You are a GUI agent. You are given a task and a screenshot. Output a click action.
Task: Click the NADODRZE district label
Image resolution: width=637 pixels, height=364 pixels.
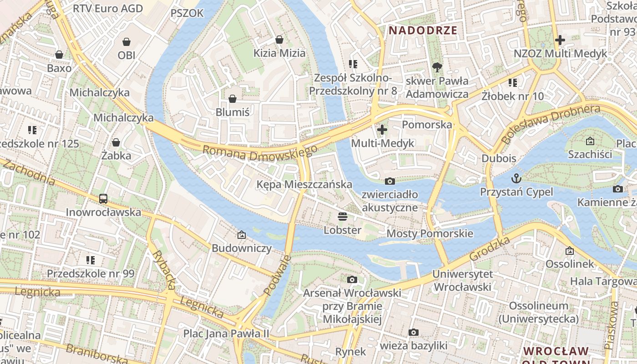point(423,30)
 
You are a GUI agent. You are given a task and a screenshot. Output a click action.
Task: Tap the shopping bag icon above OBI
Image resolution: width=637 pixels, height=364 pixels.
point(126,42)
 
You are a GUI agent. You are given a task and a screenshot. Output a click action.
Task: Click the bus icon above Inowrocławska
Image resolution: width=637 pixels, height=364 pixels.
point(103,199)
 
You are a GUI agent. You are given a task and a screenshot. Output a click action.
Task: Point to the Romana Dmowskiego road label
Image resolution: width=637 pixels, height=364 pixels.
point(260,153)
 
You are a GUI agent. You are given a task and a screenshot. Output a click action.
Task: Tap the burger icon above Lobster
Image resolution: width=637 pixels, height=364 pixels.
point(343,216)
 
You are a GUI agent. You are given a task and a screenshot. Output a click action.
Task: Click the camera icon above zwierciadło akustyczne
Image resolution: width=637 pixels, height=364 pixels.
point(389,181)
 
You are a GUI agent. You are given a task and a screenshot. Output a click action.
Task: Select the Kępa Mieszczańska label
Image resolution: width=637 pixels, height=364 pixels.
point(304,184)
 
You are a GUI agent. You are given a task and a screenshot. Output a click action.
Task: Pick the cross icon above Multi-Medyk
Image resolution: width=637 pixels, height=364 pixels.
point(382,130)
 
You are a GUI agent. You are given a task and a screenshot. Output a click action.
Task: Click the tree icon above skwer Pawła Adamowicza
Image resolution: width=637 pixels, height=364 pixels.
point(437,67)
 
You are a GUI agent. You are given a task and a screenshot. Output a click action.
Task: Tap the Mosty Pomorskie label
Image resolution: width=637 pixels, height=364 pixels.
point(430,234)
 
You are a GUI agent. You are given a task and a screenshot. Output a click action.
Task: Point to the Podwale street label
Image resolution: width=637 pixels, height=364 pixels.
point(277,275)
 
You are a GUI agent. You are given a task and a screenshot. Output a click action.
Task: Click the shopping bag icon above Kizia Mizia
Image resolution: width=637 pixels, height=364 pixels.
point(279,40)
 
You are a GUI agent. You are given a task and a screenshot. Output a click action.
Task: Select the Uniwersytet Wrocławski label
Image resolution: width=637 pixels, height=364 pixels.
point(462,280)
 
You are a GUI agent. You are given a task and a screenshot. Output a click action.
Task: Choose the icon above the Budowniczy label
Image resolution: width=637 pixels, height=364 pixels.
point(242,235)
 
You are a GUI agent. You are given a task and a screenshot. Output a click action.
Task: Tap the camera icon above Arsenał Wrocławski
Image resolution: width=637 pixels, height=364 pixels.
point(352,279)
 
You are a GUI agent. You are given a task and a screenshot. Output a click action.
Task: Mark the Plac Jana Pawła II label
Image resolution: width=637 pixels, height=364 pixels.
point(226,334)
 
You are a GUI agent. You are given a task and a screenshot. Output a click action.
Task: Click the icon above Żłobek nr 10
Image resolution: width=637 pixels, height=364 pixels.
point(513,83)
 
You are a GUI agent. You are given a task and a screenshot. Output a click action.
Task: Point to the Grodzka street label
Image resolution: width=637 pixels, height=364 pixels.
point(489,249)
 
